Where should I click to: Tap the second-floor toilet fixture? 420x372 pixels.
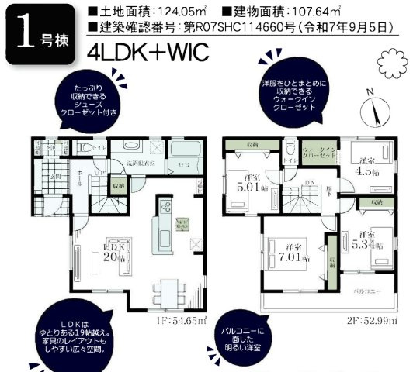[x=289, y=147]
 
